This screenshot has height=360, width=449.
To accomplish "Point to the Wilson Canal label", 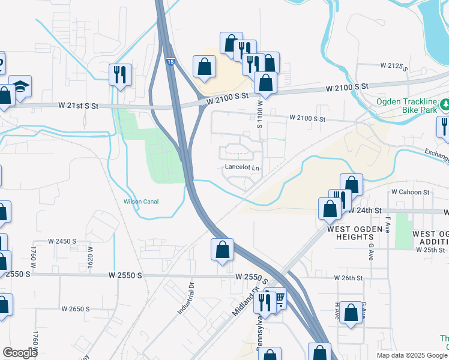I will point(141,202).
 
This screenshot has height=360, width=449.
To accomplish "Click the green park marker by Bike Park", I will point(444,106).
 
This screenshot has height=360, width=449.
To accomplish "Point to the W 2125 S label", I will point(394,65).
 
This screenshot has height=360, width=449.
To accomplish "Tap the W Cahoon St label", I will point(411,192).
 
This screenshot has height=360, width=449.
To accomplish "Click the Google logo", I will point(20,353).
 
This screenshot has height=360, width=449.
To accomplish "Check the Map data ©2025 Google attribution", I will point(411,355).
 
